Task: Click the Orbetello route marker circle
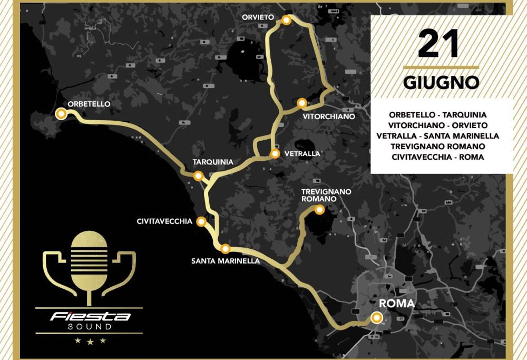pos(61,113)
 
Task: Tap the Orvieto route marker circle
pos(286,20)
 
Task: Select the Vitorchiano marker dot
pos(301,103)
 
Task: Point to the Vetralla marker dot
pos(275,154)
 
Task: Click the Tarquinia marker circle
pos(198,176)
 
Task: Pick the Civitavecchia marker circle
pos(201,222)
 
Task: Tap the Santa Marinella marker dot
pos(225,248)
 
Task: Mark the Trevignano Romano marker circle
pos(319,210)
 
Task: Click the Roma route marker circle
pos(376,317)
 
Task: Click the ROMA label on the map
pos(397,304)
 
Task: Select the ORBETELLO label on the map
pos(89,104)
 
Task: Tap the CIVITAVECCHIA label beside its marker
pos(164,221)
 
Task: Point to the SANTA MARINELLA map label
pos(226,260)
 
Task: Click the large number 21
pos(439,45)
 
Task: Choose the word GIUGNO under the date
pos(441,83)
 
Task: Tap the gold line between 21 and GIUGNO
pos(441,67)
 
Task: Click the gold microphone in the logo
pos(89,261)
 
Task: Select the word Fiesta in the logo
pos(90,317)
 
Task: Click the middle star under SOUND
pos(90,342)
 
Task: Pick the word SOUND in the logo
pos(90,327)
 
